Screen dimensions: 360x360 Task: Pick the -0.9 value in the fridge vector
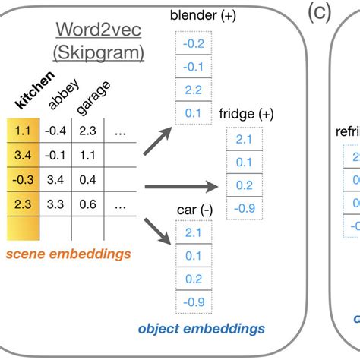click(244, 208)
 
